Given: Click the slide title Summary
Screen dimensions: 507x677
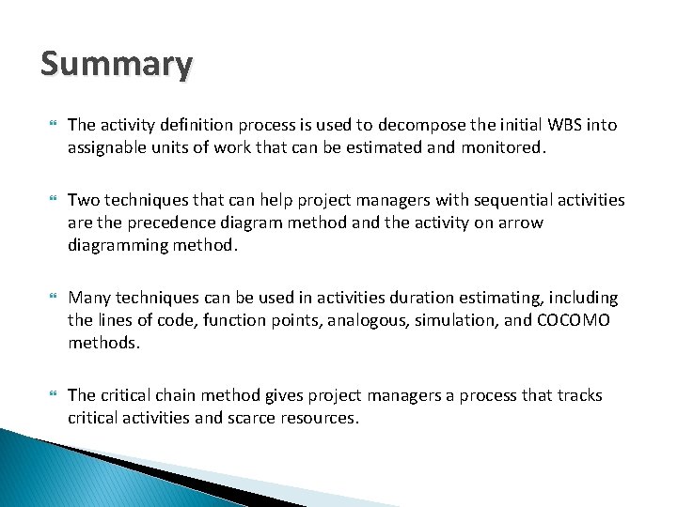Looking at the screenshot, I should tap(117, 65).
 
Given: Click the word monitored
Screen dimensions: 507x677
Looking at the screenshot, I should tap(503, 147).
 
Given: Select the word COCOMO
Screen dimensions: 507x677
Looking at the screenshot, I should tap(572, 320).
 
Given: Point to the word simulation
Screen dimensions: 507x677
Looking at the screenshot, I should tap(450, 320).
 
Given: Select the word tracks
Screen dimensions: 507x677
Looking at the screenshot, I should tap(577, 395).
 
